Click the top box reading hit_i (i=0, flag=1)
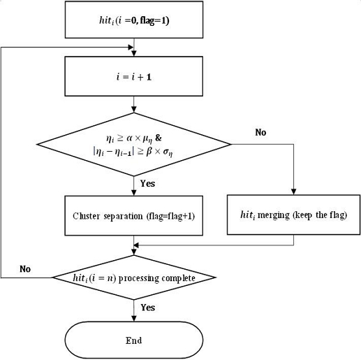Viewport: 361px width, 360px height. tap(133, 22)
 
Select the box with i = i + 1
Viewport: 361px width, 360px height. tap(133, 75)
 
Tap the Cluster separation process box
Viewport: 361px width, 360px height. tap(133, 216)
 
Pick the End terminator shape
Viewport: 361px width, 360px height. tap(133, 340)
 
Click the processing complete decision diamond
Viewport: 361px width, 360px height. tap(133, 278)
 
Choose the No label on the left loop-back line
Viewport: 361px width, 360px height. tap(25, 268)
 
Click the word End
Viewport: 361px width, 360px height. tap(134, 340)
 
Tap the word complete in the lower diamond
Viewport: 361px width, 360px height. tap(177, 278)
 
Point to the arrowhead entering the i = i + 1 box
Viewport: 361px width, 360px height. tap(133, 54)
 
